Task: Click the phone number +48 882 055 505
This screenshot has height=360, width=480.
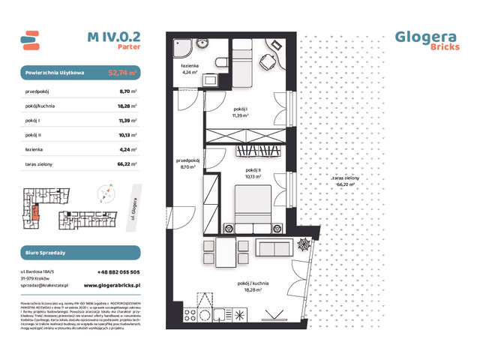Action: [x=118, y=271]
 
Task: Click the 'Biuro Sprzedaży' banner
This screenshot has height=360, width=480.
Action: [x=79, y=253]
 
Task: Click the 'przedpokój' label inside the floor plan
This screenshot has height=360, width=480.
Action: [x=187, y=160]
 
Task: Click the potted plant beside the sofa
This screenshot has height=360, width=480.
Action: [x=304, y=245]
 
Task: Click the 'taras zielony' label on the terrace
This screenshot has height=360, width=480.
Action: [x=347, y=178]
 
